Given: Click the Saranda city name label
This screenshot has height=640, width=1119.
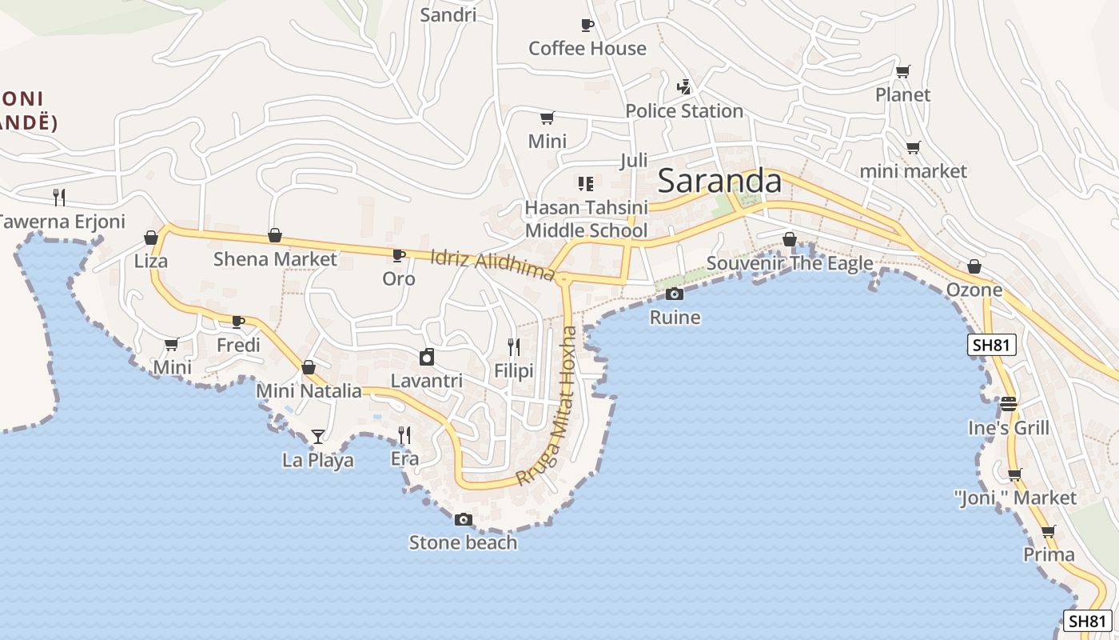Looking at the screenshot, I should (719, 182).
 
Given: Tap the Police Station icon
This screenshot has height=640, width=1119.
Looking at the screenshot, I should (683, 86).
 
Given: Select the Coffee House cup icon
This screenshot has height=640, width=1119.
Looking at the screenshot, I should (587, 25).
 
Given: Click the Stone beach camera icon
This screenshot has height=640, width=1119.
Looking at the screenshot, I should (463, 520).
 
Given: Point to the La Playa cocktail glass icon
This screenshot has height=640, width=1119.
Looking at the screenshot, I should (318, 436).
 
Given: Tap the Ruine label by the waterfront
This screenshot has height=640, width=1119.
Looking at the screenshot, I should (675, 318).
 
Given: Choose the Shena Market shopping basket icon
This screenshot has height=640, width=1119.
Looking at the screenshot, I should (275, 235).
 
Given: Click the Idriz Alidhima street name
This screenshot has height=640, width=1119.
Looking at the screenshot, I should (492, 266).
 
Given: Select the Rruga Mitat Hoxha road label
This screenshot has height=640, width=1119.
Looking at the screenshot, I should (548, 406).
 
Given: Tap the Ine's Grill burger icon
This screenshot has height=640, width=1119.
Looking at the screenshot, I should (1009, 403).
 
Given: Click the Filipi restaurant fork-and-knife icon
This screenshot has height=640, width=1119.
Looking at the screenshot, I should (514, 346).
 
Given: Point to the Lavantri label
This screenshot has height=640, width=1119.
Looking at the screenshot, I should (427, 381).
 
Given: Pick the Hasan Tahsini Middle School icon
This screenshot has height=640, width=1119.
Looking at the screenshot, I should (586, 184).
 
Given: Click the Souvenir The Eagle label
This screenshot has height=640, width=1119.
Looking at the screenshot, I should (790, 263).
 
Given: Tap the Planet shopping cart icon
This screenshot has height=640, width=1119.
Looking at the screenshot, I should (902, 72).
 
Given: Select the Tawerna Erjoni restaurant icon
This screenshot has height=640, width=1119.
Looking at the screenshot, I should (58, 197).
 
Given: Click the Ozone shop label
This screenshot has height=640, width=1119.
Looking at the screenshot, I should (974, 290).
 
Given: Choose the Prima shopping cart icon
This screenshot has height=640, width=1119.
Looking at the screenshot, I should (1049, 531).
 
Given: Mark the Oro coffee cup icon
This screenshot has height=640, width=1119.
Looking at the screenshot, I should (398, 255).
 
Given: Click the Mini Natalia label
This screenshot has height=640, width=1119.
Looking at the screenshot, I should (309, 391).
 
